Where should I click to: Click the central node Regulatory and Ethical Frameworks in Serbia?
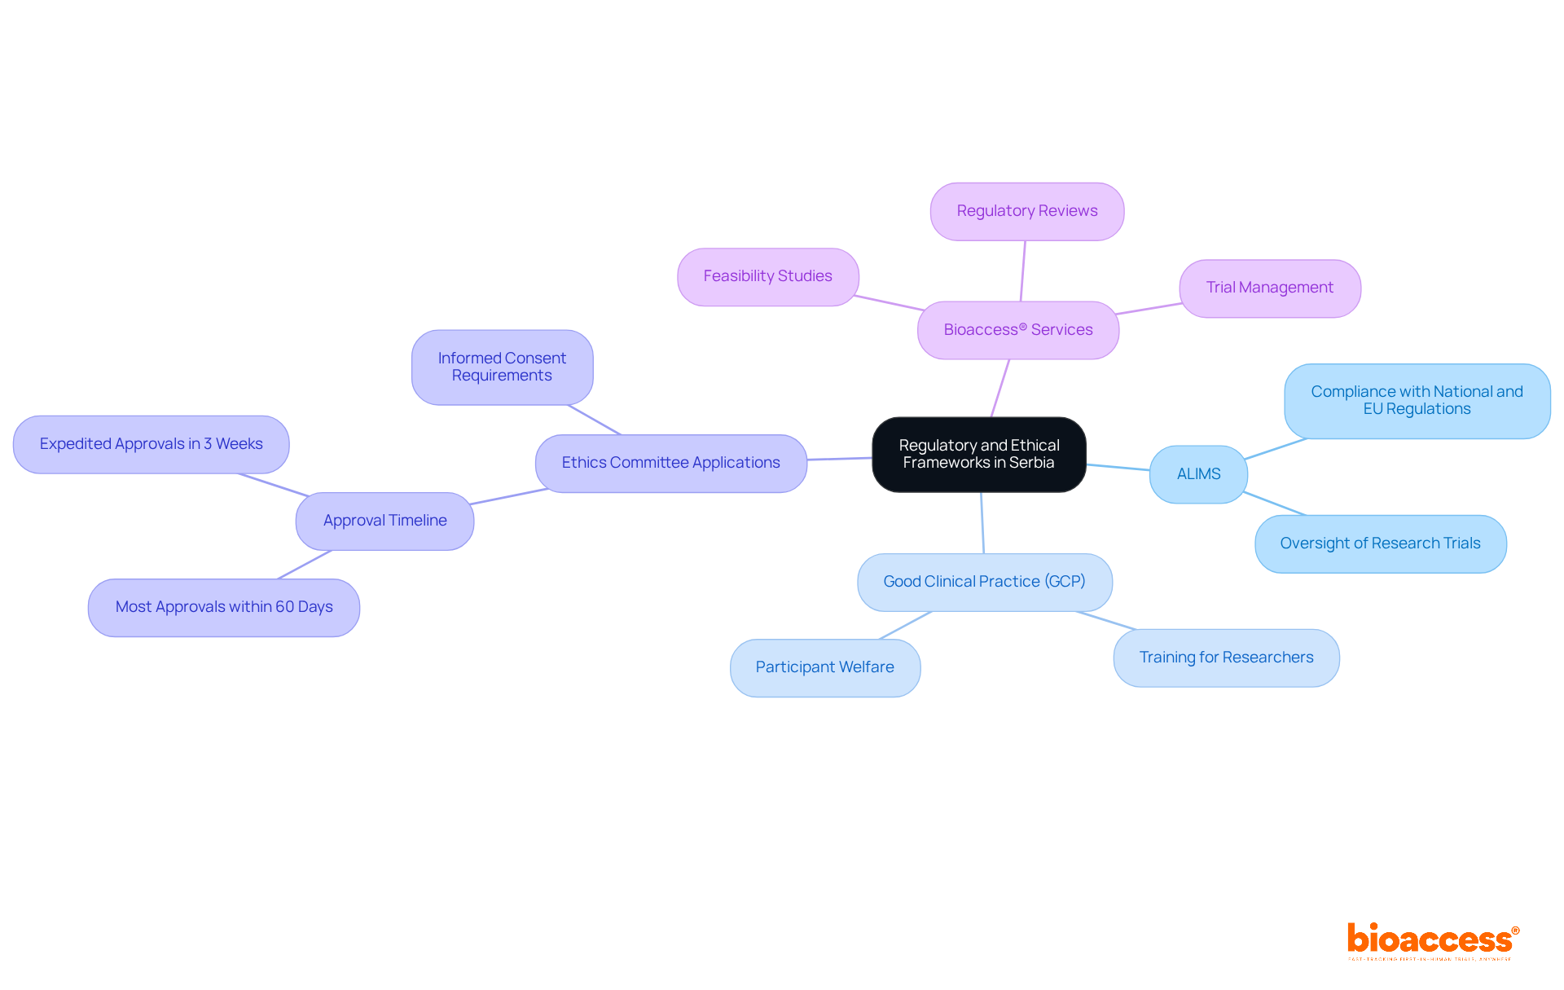coord(978,454)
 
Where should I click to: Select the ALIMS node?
coord(1198,474)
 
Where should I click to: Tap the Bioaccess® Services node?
coord(1017,330)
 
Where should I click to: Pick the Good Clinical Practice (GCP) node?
coord(984,582)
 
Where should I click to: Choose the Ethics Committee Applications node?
coord(670,463)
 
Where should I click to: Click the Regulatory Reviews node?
coord(1026,211)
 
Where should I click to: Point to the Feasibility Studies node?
coord(767,276)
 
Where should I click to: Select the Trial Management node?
coord(1269,288)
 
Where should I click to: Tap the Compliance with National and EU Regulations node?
coord(1417,401)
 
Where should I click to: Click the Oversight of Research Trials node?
coord(1380,543)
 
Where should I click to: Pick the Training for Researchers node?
coord(1226,658)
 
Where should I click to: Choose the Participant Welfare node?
coord(824,667)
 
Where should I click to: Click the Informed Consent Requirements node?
coord(502,367)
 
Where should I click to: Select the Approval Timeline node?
coord(384,521)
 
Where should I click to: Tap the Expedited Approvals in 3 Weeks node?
coord(151,444)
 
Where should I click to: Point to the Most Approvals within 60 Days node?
coord(224,607)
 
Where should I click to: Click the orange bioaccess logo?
coord(1432,939)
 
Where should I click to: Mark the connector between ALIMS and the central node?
coord(1118,468)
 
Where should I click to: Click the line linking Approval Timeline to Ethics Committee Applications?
coord(509,496)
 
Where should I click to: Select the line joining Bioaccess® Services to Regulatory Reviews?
coord(1023,271)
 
